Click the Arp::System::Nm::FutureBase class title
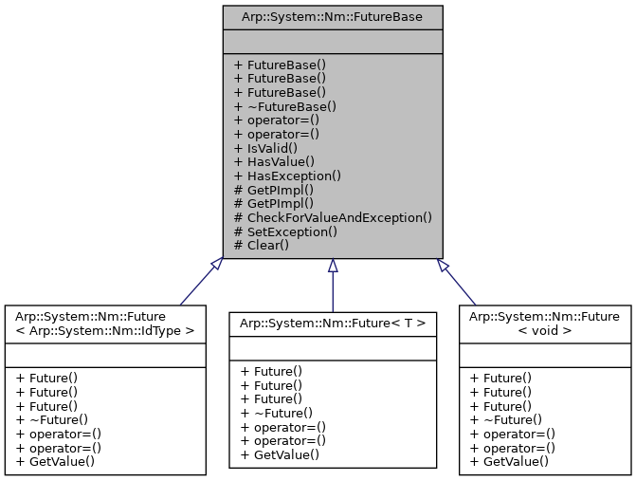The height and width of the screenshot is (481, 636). (332, 16)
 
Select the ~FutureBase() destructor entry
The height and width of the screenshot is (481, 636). (285, 107)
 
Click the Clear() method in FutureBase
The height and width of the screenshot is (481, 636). (267, 245)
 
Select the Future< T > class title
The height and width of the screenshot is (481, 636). (332, 324)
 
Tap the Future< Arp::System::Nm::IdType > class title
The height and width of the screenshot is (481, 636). (105, 324)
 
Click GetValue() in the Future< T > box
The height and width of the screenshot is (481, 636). (280, 454)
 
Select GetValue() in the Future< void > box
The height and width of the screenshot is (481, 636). (509, 461)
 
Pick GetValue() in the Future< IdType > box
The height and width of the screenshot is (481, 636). (55, 461)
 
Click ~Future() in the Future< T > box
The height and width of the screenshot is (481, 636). (276, 413)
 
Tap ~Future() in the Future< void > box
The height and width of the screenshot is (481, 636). (505, 419)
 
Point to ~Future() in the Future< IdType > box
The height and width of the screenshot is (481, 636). (51, 419)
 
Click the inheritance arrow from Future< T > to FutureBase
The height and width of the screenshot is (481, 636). (332, 285)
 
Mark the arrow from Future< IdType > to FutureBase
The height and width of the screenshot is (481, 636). (199, 285)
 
